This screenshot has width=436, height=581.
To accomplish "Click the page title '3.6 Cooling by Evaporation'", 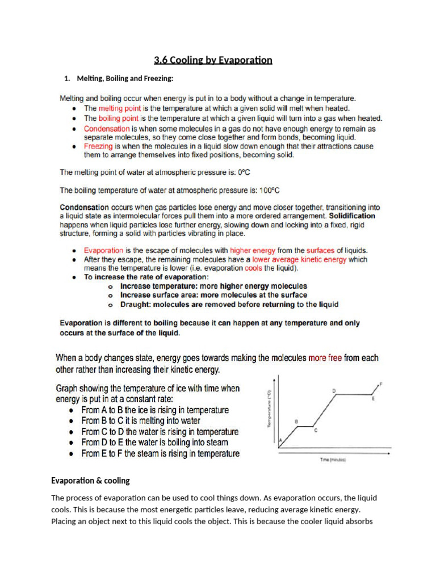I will pyautogui.click(x=213, y=60).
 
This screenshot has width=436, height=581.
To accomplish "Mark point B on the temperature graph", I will pyautogui.click(x=296, y=422).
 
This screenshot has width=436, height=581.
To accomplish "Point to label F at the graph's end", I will pyautogui.click(x=380, y=384).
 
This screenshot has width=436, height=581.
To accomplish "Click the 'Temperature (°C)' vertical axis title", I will pyautogui.click(x=270, y=409).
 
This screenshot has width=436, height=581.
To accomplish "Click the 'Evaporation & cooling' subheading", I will pyautogui.click(x=90, y=481).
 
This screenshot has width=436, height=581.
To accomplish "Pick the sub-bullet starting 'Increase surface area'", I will pyautogui.click(x=213, y=295).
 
